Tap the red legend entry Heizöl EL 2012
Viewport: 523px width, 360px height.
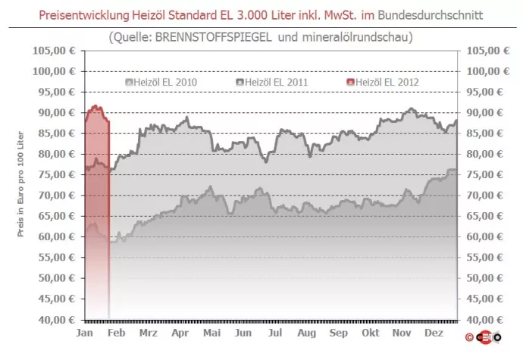(387, 81)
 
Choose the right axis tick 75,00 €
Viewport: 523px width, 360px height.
(486, 174)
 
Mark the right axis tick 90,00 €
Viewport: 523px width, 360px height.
(486, 112)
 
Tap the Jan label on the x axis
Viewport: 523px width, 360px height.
(85, 333)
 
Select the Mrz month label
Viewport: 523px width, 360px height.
(149, 333)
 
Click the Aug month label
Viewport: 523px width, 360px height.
(306, 333)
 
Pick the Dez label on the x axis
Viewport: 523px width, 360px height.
(434, 333)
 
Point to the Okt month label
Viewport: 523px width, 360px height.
(371, 333)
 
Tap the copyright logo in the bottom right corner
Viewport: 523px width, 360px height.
(486, 336)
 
